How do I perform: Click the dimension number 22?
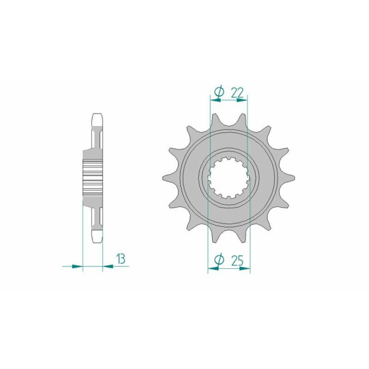pos(238,93)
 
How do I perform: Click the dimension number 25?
pos(238,260)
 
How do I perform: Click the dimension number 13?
pos(121,259)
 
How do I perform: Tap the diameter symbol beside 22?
pos(220,92)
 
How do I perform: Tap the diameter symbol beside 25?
pos(219,260)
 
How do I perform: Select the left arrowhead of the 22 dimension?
pos(216,100)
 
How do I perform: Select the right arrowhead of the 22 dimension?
pos(242,100)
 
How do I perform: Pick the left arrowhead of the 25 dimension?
pos(214,268)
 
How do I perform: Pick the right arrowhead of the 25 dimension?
pos(244,268)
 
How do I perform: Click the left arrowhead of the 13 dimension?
pos(77,266)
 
